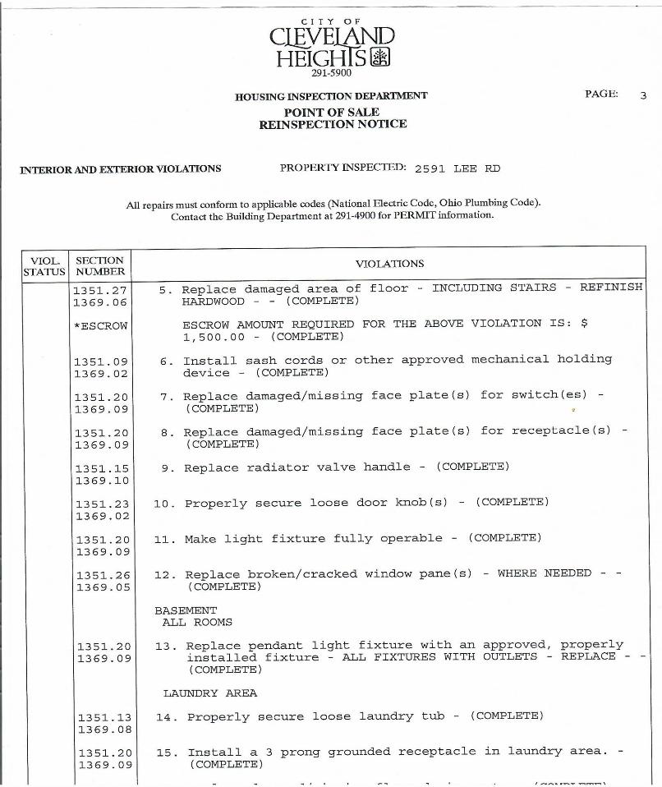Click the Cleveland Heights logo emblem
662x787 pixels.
tap(380, 57)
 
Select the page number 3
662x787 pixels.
tap(643, 95)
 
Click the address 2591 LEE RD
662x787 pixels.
tap(457, 168)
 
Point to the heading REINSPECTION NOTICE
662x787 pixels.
tap(333, 124)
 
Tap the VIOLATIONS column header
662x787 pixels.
tap(389, 264)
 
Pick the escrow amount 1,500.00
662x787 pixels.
tap(214, 336)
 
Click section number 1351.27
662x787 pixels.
tap(100, 290)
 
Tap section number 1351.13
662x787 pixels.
tap(104, 718)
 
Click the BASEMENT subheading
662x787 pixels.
tap(186, 610)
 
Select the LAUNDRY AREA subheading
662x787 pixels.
tap(210, 693)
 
